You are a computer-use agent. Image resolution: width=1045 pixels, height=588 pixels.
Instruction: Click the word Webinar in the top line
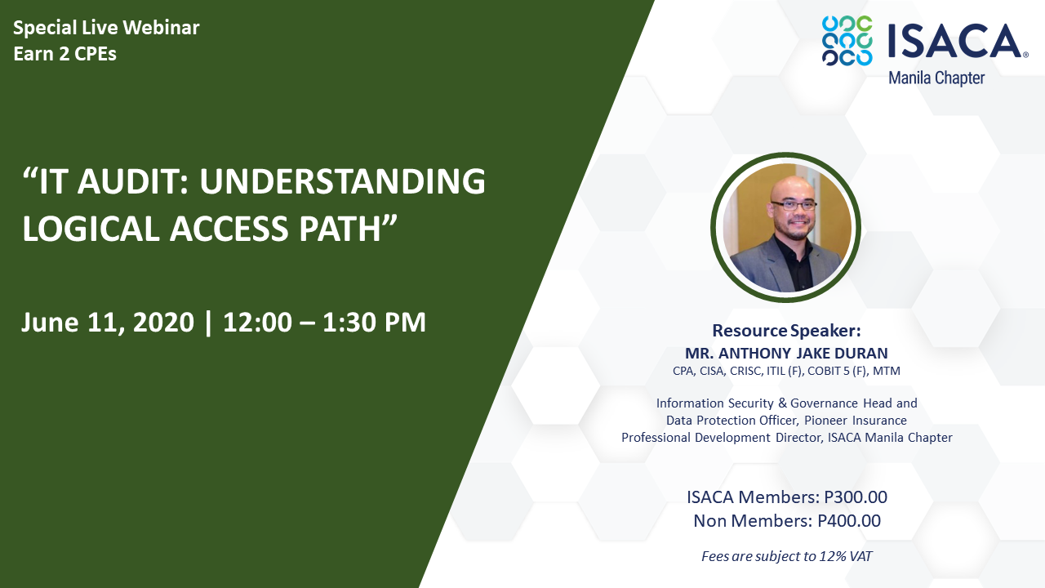(161, 28)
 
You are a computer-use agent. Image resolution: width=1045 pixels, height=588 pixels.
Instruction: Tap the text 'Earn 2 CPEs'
(64, 54)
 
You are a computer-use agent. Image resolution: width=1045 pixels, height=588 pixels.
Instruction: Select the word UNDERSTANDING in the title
(343, 181)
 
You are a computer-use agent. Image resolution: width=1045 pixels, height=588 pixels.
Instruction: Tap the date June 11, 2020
(108, 323)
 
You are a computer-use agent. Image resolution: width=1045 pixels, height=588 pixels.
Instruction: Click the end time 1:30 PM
(374, 322)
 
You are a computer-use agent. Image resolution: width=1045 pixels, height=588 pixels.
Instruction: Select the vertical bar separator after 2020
(208, 323)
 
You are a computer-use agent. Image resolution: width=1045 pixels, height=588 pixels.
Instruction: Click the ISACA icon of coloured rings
(847, 41)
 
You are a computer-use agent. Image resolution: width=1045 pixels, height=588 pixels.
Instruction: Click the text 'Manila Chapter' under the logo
(936, 78)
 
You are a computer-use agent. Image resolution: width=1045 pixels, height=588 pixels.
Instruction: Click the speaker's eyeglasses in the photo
(794, 205)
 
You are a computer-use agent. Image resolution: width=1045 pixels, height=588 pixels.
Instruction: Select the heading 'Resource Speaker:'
(786, 331)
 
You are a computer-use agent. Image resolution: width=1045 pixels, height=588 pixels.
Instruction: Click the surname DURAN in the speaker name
(861, 354)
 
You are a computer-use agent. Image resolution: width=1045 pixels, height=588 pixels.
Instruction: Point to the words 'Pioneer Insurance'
(855, 421)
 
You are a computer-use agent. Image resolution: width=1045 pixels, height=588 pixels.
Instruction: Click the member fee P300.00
(856, 497)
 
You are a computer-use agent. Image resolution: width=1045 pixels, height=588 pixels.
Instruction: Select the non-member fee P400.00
(849, 521)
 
